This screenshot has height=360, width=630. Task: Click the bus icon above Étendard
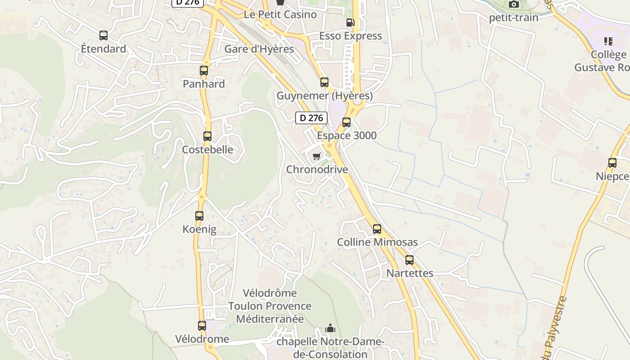tap(103, 36)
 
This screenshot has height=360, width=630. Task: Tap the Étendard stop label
tap(103, 49)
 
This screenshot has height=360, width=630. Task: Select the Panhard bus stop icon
tap(204, 71)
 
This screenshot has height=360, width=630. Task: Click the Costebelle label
tap(207, 149)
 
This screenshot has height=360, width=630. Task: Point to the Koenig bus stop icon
tap(199, 216)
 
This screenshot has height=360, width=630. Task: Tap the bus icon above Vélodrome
tap(202, 326)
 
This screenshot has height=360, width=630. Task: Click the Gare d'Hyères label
tap(259, 49)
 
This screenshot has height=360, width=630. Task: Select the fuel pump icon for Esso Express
tap(350, 22)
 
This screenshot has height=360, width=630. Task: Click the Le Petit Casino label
tap(280, 14)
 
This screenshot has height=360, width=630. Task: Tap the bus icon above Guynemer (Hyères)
tap(324, 82)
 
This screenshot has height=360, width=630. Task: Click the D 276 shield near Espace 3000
tap(311, 118)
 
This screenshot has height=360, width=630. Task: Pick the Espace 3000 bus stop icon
tap(346, 122)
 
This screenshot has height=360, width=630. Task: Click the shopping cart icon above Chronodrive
tap(317, 157)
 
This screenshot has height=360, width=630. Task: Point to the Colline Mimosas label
tap(377, 242)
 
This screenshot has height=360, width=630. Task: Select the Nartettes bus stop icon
tap(409, 260)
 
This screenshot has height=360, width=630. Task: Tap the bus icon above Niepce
tap(612, 163)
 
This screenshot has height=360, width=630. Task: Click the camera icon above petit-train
tap(513, 4)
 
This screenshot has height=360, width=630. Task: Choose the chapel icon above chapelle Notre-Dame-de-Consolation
tap(330, 328)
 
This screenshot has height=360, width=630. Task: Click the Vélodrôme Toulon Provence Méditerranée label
tap(269, 306)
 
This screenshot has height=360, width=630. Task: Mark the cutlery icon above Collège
tap(608, 42)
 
